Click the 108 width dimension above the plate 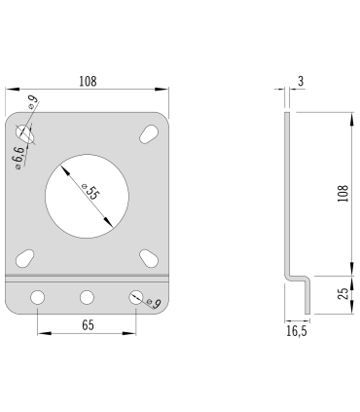[88, 82]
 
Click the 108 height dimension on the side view [342, 194]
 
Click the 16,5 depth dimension [296, 331]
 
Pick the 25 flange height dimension [342, 295]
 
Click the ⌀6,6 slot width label [17, 156]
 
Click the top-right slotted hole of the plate [150, 133]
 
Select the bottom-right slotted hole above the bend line [150, 257]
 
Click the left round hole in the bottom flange [38, 297]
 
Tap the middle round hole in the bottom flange [88, 297]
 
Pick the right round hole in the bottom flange [136, 297]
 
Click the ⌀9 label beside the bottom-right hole [153, 304]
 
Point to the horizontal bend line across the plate [88, 278]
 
